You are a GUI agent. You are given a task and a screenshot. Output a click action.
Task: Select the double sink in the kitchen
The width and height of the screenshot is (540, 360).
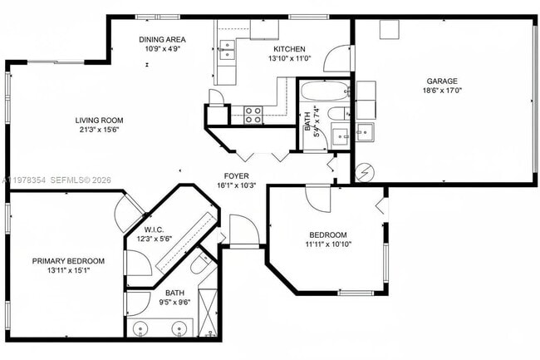tap(226, 52)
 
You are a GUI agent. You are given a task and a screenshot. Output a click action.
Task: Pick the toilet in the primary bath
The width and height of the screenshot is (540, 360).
tap(200, 265)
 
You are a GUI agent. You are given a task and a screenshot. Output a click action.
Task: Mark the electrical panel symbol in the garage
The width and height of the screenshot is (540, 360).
tap(363, 173)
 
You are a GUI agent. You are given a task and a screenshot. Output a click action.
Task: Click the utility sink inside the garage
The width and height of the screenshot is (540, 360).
tap(365, 131)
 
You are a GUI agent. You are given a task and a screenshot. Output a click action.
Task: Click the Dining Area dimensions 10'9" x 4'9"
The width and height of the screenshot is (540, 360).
tap(162, 50)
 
